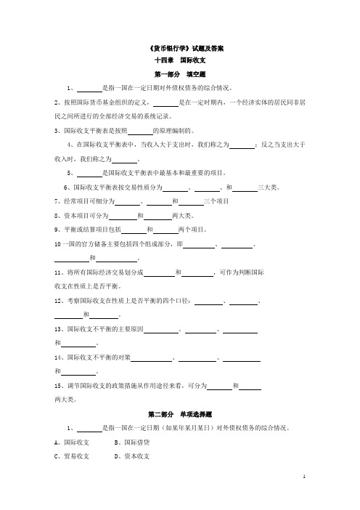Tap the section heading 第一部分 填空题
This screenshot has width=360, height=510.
pyautogui.click(x=180, y=75)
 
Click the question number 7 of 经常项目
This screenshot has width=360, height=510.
pyautogui.click(x=57, y=201)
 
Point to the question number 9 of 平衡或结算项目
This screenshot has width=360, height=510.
pyautogui.click(x=57, y=229)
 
